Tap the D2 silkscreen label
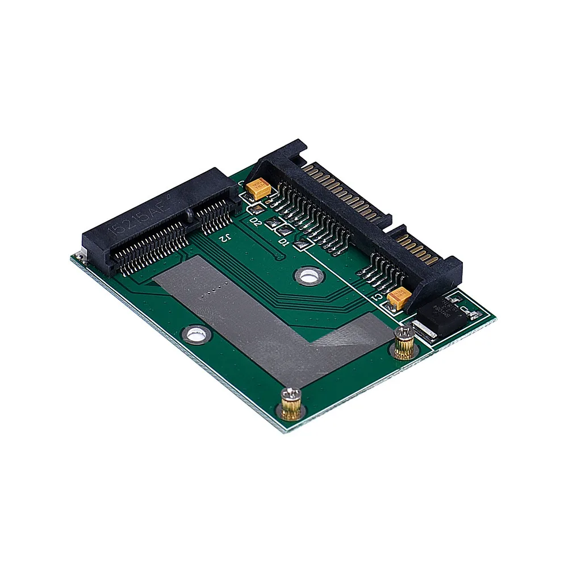coord(255,222)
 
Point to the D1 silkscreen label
coord(283,241)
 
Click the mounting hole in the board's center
coord(307,277)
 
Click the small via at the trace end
coord(277,257)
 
